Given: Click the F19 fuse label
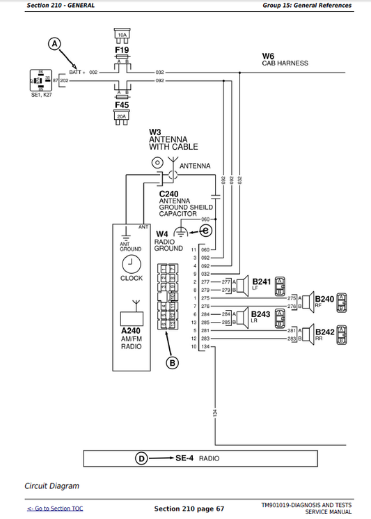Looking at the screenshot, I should pyautogui.click(x=122, y=51).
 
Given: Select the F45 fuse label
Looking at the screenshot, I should pyautogui.click(x=122, y=105).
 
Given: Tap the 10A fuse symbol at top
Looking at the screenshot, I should pyautogui.click(x=122, y=35).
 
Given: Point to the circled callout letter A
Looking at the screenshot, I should pyautogui.click(x=55, y=44).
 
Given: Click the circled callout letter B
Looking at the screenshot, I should pyautogui.click(x=172, y=362).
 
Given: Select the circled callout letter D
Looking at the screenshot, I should pyautogui.click(x=141, y=458).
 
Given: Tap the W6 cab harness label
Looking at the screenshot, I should pyautogui.click(x=268, y=56).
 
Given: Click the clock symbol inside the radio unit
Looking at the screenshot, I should pyautogui.click(x=131, y=263).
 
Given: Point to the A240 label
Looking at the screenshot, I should pyautogui.click(x=131, y=331).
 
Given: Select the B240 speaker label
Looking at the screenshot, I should pyautogui.click(x=324, y=299).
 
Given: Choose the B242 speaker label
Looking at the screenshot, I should pyautogui.click(x=324, y=332).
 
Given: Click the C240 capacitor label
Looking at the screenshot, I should pyautogui.click(x=168, y=194).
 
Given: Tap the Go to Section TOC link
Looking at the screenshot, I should pyautogui.click(x=54, y=509).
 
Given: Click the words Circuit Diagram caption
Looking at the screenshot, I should pyautogui.click(x=52, y=486).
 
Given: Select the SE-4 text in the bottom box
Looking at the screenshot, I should pyautogui.click(x=183, y=458).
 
